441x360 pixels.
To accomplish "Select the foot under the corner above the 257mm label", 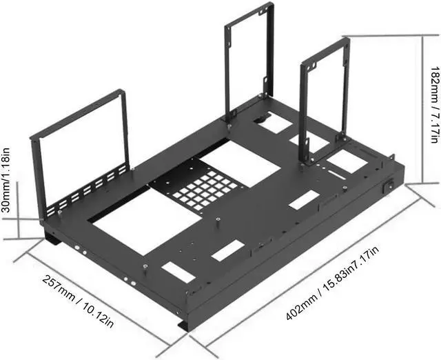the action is point(52,239).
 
